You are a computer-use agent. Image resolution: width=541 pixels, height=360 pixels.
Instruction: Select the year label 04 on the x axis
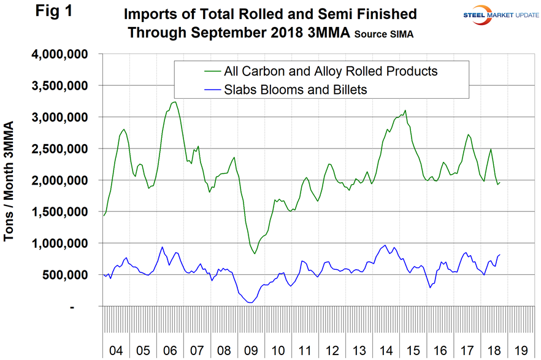pos(116,350)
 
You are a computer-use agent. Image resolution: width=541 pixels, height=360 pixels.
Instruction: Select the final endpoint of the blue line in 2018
pos(500,255)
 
